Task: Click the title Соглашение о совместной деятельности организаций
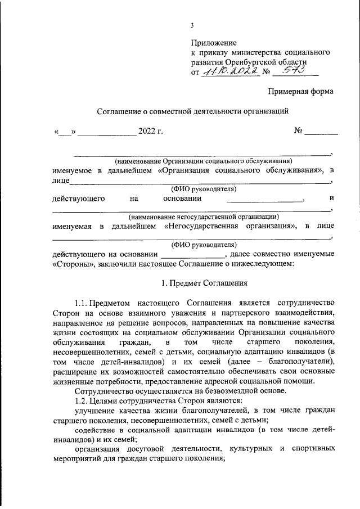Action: click(192, 111)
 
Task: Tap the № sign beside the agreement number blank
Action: click(299, 132)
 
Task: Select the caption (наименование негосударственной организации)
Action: click(203, 216)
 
